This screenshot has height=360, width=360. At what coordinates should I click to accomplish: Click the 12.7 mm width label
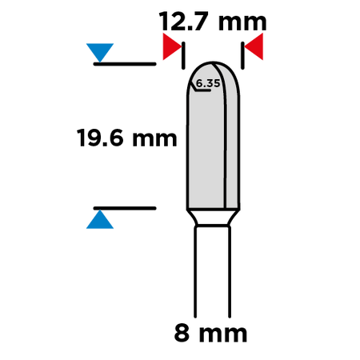pos(213,22)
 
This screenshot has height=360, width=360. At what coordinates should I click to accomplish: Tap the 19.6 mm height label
pos(126,138)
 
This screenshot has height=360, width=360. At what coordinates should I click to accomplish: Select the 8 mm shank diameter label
pos(210,333)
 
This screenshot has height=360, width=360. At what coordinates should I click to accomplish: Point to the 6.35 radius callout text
pos(208,83)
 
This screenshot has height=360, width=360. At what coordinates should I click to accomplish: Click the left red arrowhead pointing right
pos(172,46)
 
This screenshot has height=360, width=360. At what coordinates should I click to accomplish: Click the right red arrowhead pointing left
pos(254,46)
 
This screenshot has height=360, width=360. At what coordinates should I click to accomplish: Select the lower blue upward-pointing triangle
pos(100,219)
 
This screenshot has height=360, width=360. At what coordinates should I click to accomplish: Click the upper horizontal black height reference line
pos(125,64)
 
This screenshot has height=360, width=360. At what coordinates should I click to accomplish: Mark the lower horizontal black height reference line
pos(125,208)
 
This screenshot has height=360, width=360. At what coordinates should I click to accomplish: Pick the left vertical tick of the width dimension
pos(183,55)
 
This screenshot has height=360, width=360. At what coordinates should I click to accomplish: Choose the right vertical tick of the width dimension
pos(242,55)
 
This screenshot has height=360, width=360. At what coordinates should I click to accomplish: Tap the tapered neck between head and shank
pos(213,218)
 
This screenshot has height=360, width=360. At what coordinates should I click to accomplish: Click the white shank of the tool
pos(213,271)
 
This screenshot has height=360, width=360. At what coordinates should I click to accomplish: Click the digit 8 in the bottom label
pos(182,333)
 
